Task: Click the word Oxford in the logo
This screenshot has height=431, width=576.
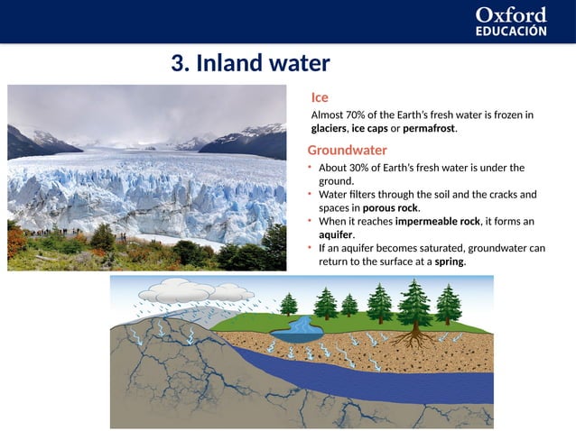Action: pos(511,15)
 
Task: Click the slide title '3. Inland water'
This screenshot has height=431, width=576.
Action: pos(250,64)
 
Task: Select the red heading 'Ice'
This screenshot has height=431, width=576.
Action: pos(320,97)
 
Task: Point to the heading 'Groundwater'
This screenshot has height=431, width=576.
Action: pos(347,150)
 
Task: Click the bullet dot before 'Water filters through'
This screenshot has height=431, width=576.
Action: pos(310,194)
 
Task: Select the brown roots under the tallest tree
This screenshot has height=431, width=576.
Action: pos(414,338)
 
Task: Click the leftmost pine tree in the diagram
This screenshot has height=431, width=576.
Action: pos(289,304)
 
